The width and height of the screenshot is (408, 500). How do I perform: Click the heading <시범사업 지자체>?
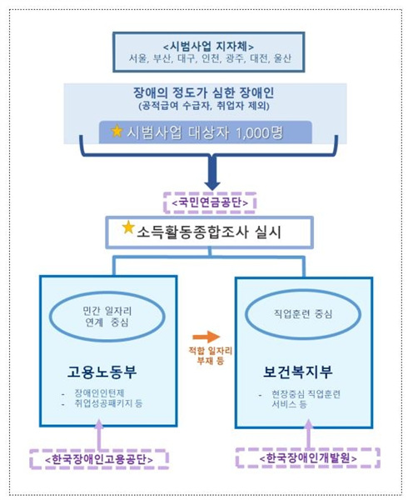pos(209,47)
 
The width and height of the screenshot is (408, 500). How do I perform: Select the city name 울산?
pos(282,58)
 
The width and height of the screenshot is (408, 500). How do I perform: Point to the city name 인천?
pos(210,58)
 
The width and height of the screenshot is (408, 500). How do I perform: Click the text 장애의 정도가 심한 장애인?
pos(203,92)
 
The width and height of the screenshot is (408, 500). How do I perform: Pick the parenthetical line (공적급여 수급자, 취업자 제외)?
pos(204,106)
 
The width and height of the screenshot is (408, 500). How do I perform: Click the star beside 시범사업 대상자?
pos(117,131)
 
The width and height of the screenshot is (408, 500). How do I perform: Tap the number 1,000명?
pos(259,132)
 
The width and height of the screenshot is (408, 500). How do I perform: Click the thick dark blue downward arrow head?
pos(212,183)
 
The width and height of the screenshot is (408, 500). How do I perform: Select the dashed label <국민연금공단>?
pos(210,202)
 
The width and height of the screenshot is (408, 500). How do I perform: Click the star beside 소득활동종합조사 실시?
pos(128,227)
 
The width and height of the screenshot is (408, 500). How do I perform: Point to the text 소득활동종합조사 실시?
pos(209,232)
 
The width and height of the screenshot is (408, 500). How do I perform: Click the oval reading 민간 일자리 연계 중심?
pos(107,316)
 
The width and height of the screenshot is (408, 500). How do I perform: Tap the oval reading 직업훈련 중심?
pos(303,314)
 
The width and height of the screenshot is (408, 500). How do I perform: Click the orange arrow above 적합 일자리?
pos(206,337)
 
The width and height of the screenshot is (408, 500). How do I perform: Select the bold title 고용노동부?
pos(102,372)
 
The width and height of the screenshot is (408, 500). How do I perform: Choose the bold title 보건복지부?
pos(298,372)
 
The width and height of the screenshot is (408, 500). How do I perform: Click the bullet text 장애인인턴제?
pos(99,392)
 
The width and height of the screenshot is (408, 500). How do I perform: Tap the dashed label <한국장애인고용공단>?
pos(99,459)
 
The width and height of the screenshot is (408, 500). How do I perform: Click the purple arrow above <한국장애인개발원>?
pos(308,433)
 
